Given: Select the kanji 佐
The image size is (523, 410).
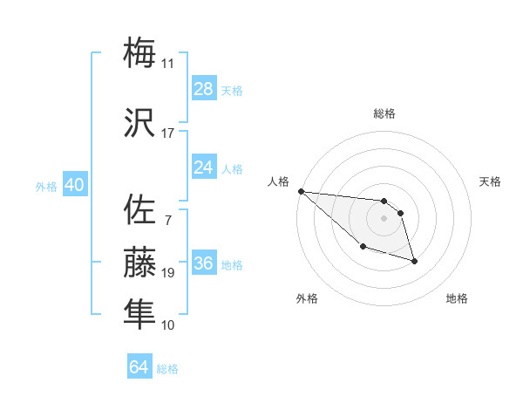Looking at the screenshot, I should coord(140,210).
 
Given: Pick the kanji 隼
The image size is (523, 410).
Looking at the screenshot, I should coord(140,313).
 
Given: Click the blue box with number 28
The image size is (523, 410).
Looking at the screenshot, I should coord(204,89).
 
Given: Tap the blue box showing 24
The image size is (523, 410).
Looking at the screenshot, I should coord(204,167).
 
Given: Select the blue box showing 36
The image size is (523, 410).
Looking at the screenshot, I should coord(204,264).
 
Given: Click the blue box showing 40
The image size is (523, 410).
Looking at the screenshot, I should coord(74,185).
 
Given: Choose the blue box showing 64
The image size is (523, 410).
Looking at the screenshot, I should coord(139,367).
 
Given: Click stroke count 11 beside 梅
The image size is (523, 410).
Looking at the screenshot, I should coord(167,64).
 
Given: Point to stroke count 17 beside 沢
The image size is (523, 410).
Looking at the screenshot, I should coord(167,133).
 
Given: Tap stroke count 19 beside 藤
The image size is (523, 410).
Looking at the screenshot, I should coord(167,273).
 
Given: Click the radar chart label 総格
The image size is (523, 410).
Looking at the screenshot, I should coord(384,113).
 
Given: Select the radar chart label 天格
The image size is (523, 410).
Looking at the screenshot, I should coord(490,181).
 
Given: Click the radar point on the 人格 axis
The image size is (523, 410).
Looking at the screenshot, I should coord(301,191).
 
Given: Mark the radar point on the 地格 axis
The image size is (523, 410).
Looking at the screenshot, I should coord(414,260).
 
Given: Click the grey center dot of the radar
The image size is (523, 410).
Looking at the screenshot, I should coord(384,218).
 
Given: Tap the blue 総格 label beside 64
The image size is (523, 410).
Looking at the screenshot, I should coord(167,369).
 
